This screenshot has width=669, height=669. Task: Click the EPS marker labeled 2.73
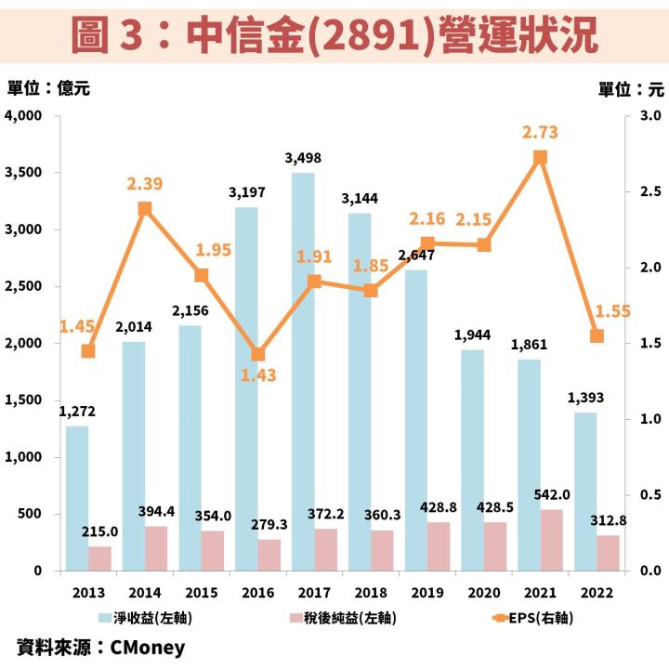tap(540, 157)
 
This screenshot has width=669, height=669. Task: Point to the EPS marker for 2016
tap(257, 354)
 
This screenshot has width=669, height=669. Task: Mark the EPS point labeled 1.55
tap(597, 336)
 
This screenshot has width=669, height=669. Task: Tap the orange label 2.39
tap(145, 184)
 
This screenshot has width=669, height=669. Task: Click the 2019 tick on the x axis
tap(426, 591)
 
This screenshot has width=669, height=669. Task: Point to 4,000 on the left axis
tap(25, 116)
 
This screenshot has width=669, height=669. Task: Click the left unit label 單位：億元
tap(48, 89)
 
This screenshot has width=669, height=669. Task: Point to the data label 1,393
tap(585, 398)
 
